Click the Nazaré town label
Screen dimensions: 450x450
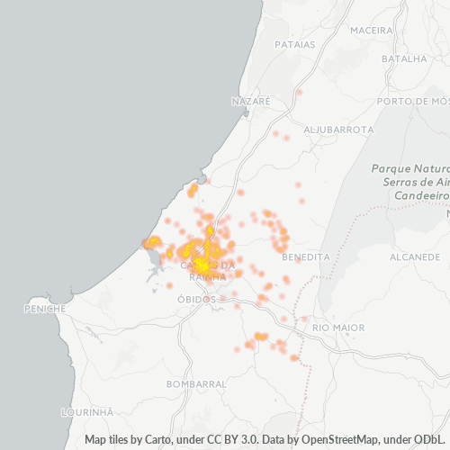[250, 102]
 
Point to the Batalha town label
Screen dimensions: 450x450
[404, 58]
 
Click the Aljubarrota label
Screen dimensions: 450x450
[338, 130]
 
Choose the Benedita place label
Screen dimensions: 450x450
[306, 256]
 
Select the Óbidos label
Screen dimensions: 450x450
[196, 299]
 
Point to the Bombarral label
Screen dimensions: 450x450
[196, 383]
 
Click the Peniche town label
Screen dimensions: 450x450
[45, 309]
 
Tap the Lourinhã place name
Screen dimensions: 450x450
[86, 411]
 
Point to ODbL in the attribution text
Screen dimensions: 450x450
[430, 440]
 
